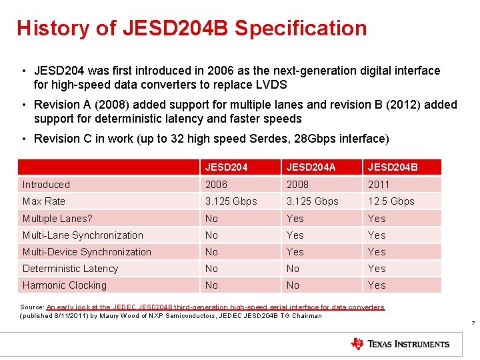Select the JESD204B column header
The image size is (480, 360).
point(392,167)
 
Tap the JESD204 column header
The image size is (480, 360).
point(227,167)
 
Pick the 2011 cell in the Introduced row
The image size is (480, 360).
point(378,185)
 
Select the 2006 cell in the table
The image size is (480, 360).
point(216,185)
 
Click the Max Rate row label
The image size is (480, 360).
point(44,201)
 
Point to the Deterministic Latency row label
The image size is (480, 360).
point(70,269)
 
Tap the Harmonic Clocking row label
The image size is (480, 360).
point(65,285)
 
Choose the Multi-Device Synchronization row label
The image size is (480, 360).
point(87,252)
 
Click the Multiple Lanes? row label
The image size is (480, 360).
point(57,219)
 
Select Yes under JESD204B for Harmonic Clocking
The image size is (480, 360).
point(377,285)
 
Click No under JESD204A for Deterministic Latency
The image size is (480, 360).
point(293,269)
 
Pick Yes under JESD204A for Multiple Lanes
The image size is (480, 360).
point(295,219)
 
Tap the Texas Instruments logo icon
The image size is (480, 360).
point(357,344)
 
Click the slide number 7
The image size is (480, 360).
point(472,325)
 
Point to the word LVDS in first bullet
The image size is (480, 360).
point(271,85)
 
